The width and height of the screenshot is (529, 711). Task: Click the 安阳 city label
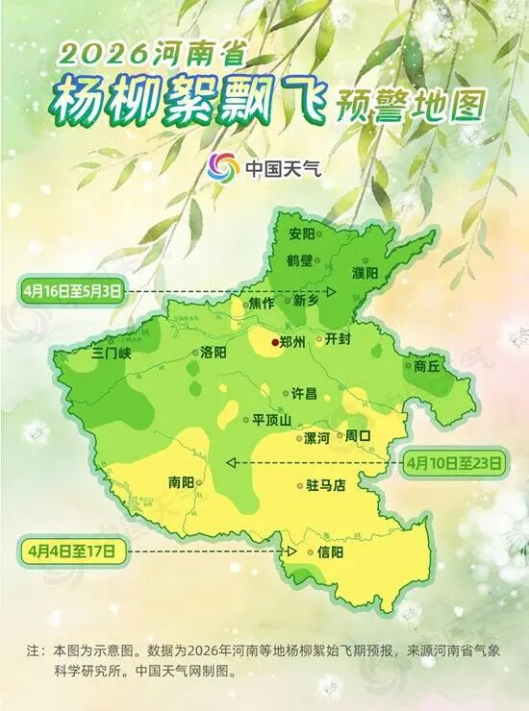[x=301, y=233]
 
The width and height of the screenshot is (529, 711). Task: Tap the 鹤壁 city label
[x=301, y=260]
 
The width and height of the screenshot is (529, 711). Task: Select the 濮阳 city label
[x=365, y=273]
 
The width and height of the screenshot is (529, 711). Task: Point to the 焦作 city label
[x=262, y=302]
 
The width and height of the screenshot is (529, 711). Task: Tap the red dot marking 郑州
[x=274, y=341]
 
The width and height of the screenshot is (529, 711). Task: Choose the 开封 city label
[x=340, y=339]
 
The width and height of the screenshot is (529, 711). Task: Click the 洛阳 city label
[x=214, y=353]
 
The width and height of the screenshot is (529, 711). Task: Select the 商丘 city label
[x=427, y=365]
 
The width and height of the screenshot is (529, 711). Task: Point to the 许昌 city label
[x=304, y=393]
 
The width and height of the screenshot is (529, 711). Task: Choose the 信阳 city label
[x=329, y=552]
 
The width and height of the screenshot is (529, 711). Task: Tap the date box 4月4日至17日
[x=72, y=551]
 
